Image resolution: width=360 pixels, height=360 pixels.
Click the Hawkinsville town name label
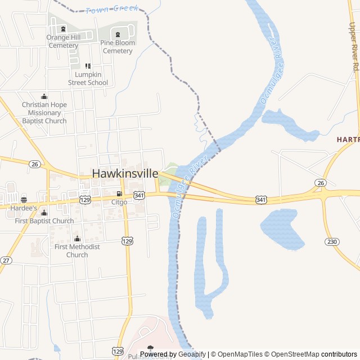(125, 174)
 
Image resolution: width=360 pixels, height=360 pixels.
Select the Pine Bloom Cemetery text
(118, 47)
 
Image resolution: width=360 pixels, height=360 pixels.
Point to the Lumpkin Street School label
(88, 78)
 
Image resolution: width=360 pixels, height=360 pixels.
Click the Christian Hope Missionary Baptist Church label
(44, 112)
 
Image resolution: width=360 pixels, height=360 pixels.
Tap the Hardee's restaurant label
(23, 208)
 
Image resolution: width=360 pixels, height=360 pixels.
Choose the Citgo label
(119, 201)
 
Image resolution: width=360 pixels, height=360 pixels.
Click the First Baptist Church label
(44, 221)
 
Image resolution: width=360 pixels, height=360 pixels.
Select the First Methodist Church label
(77, 250)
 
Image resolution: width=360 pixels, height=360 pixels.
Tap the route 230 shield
(331, 241)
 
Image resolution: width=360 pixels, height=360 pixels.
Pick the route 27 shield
(6, 260)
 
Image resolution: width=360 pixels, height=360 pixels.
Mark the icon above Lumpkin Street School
(88, 66)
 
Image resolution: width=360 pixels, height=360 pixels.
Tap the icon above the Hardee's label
(23, 199)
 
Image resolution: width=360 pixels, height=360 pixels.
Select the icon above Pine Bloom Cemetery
(118, 35)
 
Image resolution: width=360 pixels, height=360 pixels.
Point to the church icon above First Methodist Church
(77, 238)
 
